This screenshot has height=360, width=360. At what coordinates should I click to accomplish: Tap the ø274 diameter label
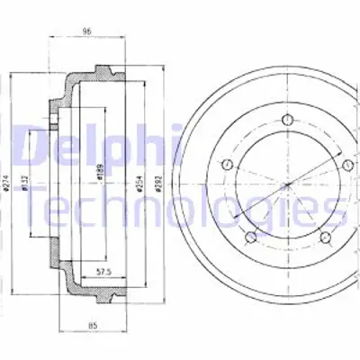point(7,184)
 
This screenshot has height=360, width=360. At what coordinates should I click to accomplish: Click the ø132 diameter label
point(28,184)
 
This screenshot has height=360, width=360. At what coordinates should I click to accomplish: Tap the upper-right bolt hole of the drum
point(347,164)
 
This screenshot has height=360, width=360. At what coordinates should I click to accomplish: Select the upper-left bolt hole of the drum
point(228,164)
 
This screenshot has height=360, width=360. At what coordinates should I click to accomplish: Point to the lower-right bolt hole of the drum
point(325,236)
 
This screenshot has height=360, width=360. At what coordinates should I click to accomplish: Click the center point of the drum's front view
point(287,184)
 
